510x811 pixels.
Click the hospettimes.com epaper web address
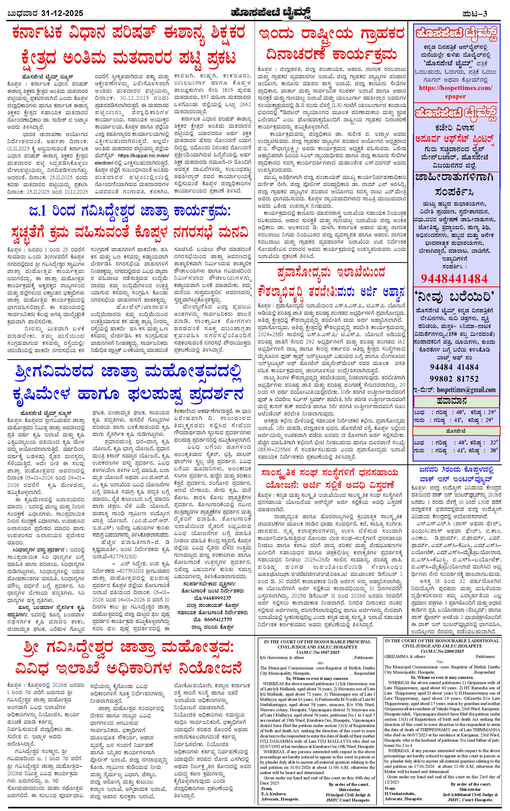tap(455, 92)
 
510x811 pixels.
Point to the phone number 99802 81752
tap(454, 379)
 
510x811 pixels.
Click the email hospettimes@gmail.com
tap(466, 390)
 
